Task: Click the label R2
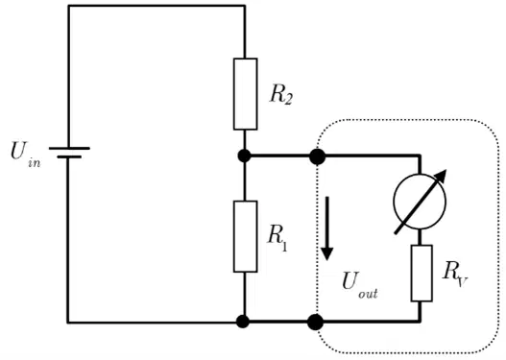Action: [x=281, y=94]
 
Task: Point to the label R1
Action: [x=277, y=237]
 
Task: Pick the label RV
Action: [x=455, y=275]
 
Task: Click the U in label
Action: [x=26, y=155]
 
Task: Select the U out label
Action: [x=360, y=285]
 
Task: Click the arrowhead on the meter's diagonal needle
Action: [x=442, y=176]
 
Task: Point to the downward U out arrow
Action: [x=327, y=228]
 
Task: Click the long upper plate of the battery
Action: [x=69, y=149]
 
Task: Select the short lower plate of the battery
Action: [x=69, y=157]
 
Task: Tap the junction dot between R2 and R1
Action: [x=244, y=156]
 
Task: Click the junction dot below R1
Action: [x=243, y=322]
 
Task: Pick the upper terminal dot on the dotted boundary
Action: [x=317, y=156]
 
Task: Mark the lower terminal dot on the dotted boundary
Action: [x=315, y=322]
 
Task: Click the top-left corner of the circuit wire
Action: [x=68, y=6]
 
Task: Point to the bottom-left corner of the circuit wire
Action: [x=68, y=322]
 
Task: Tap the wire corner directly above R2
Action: [x=245, y=6]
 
